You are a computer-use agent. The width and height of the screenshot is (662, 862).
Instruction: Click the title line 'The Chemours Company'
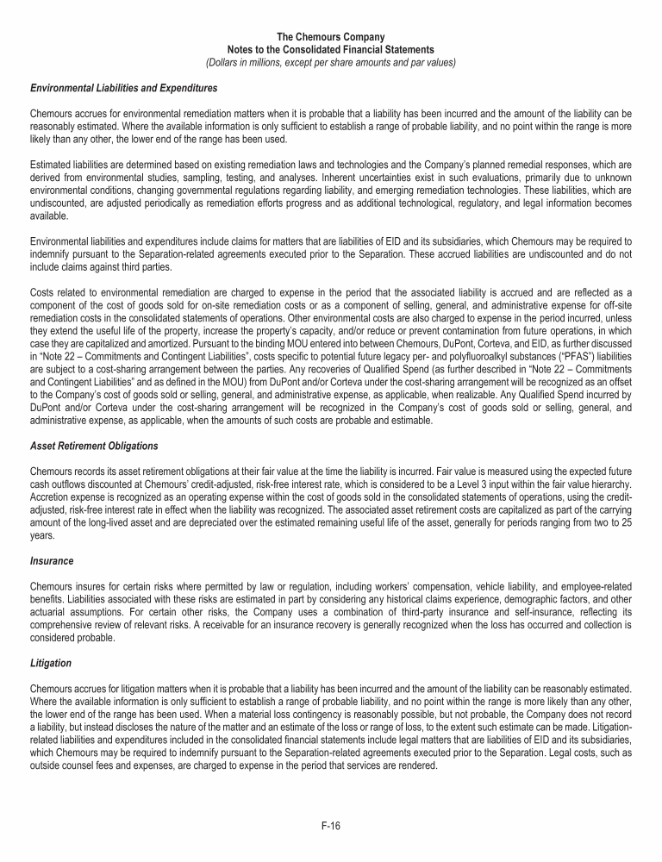331,38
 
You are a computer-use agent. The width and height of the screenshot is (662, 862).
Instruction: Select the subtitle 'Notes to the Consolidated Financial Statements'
331,50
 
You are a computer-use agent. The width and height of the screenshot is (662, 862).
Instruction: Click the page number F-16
331,825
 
